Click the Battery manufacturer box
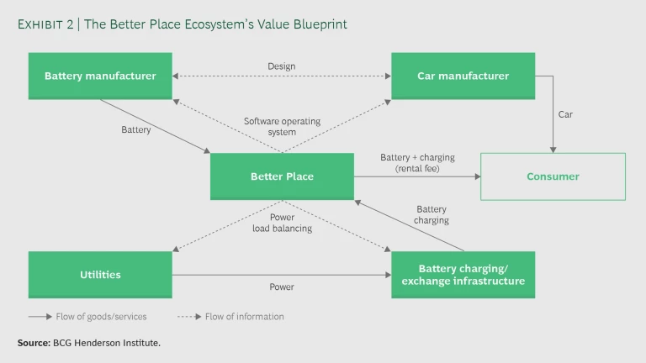click(x=100, y=76)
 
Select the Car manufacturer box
click(x=463, y=76)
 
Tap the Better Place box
click(x=282, y=176)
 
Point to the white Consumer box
click(x=553, y=176)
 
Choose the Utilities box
click(x=100, y=275)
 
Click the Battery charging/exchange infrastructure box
click(x=463, y=275)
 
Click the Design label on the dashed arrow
click(x=282, y=66)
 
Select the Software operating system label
click(x=282, y=127)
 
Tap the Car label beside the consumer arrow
click(x=565, y=114)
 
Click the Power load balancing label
click(x=282, y=223)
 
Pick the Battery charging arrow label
click(x=432, y=215)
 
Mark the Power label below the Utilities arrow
click(x=281, y=287)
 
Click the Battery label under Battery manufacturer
click(x=136, y=130)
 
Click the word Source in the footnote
click(x=32, y=344)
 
